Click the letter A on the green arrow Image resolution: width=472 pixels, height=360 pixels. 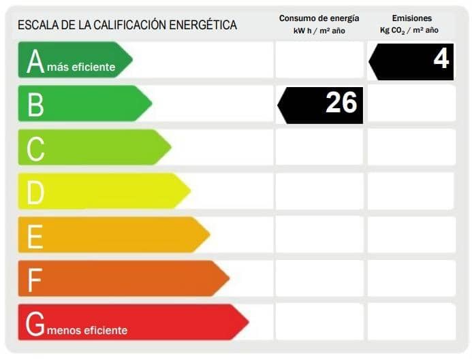click(35, 61)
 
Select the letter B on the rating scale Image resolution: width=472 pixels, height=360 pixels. click(35, 105)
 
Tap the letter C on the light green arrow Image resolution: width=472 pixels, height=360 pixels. click(35, 148)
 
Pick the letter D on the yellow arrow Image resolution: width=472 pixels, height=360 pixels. click(35, 192)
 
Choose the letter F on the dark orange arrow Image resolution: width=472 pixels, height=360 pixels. click(34, 279)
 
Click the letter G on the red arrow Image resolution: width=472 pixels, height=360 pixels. click(35, 324)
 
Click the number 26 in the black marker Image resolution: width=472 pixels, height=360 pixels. click(341, 103)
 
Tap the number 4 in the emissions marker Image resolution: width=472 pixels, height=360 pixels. click(441, 59)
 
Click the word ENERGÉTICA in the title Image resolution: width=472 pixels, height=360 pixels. click(204, 25)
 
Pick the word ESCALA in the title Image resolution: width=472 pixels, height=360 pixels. click(36, 25)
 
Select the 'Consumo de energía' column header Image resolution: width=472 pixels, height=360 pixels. click(319, 18)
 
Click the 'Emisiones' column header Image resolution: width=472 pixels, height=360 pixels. click(411, 18)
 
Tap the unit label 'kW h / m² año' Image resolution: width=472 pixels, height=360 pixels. click(319, 31)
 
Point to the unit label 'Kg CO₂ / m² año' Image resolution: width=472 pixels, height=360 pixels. click(409, 31)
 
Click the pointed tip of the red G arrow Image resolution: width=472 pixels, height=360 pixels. click(247, 322)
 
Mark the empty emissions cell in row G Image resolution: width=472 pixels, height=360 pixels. click(411, 322)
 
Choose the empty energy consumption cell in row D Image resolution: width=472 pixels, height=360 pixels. click(319, 191)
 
